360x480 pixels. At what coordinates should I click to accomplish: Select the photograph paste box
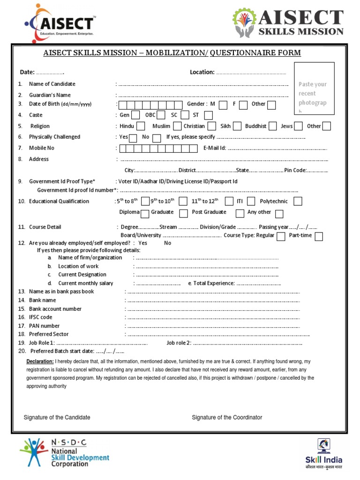tap(314, 89)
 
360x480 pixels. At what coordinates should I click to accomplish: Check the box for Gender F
tap(244, 105)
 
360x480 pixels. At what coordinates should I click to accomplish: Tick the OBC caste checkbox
tap(161, 115)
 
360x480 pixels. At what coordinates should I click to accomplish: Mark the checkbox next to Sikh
tap(237, 126)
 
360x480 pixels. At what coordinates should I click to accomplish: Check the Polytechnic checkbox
tap(297, 202)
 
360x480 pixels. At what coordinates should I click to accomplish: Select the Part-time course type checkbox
tap(319, 236)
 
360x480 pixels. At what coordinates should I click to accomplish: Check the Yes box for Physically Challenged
tap(133, 138)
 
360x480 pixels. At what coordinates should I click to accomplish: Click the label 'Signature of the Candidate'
tap(57, 417)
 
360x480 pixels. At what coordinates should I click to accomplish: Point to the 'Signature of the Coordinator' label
tap(227, 417)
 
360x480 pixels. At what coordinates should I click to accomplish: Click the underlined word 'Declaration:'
tap(40, 362)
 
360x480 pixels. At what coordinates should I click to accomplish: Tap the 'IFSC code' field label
tap(41, 317)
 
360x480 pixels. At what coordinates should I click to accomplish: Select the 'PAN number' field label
tap(44, 326)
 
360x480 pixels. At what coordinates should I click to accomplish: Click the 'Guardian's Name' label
tap(50, 95)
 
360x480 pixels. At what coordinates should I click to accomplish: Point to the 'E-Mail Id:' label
tap(215, 148)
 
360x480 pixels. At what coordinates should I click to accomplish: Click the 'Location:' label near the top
tap(202, 72)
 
